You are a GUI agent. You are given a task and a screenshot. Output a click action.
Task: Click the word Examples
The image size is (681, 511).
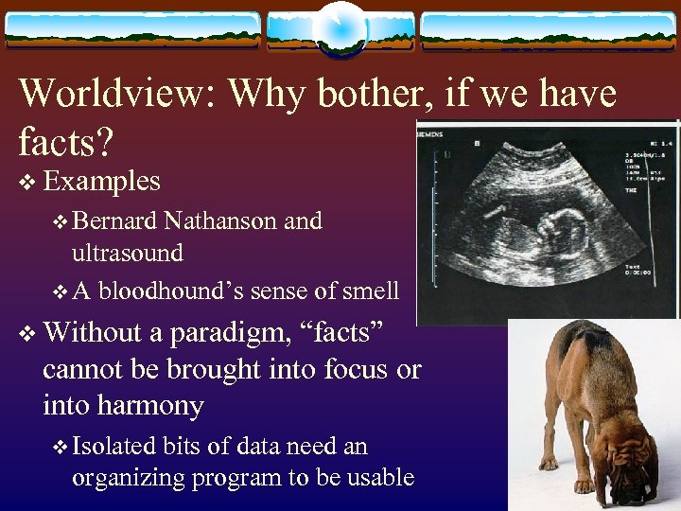[x=101, y=180]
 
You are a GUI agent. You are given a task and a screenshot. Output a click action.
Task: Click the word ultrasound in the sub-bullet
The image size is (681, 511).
[x=128, y=254]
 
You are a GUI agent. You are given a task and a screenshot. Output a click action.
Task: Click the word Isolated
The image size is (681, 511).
[x=113, y=446]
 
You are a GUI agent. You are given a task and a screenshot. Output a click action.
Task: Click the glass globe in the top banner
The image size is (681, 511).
[x=340, y=28]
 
